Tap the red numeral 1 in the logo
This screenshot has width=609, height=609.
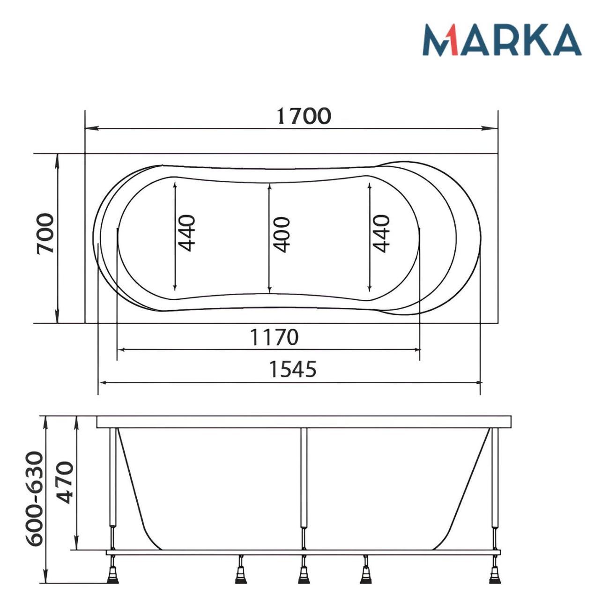[452, 40]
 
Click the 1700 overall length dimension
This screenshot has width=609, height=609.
[304, 116]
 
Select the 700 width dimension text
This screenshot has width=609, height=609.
[45, 234]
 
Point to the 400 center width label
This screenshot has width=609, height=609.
[281, 235]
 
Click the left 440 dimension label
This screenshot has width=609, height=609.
[186, 233]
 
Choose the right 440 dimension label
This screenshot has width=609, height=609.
[381, 234]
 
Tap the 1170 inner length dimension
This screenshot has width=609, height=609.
[275, 337]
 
